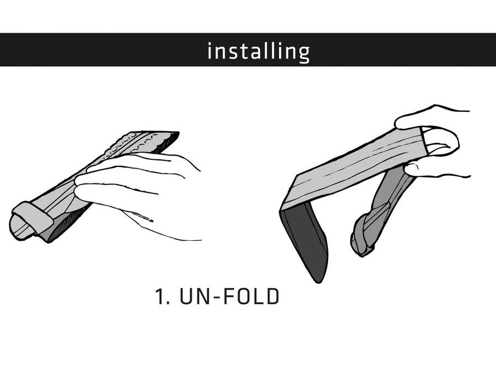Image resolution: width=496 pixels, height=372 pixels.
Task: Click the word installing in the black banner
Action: pyautogui.click(x=258, y=52)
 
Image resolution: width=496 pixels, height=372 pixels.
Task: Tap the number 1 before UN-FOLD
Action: pyautogui.click(x=160, y=296)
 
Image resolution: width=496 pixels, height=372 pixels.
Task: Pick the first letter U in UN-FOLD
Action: pyautogui.click(x=186, y=296)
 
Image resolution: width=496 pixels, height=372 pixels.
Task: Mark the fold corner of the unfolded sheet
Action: pyautogui.click(x=282, y=211)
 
